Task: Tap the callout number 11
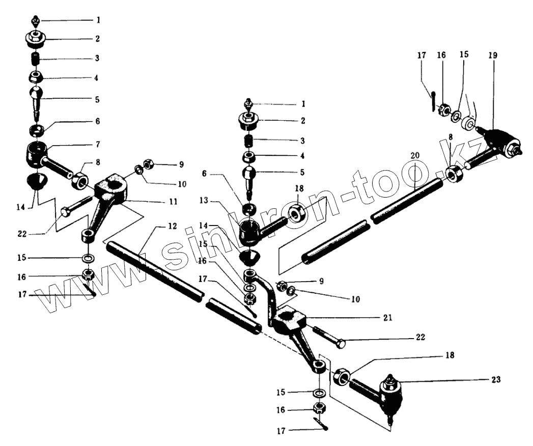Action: coord(173,202)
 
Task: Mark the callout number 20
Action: coord(415,155)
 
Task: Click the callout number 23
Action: coord(496,379)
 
